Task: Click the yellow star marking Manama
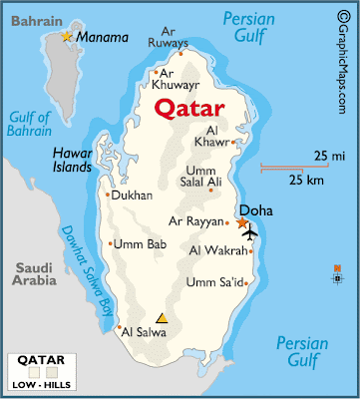(68, 37)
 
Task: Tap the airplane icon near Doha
(248, 233)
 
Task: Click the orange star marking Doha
(241, 221)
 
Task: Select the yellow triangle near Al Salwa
(162, 319)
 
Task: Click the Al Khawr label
(217, 136)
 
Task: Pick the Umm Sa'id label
(214, 283)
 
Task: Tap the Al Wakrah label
(217, 250)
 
